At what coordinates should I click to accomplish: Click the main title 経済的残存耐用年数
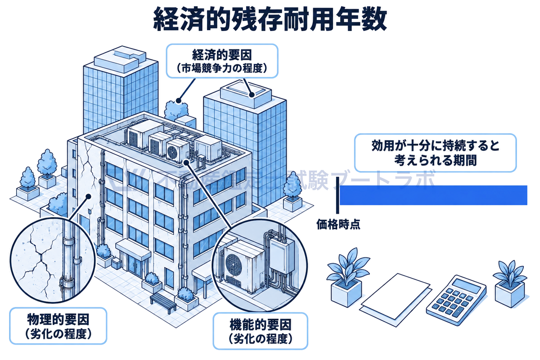(x=270, y=19)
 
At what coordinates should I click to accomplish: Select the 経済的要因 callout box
(x=222, y=61)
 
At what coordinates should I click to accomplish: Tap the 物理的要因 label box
(x=58, y=326)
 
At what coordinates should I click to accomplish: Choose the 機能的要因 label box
(x=261, y=331)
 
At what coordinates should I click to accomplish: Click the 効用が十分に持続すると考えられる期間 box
(x=436, y=153)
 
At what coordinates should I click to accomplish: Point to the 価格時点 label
(x=338, y=224)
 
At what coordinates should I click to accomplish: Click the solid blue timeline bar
(x=433, y=195)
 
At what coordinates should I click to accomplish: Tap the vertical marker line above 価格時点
(x=337, y=195)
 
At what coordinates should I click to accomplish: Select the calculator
(x=456, y=300)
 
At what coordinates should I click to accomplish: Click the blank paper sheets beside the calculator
(x=396, y=300)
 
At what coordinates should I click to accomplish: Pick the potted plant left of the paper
(x=347, y=277)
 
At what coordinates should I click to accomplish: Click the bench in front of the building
(x=163, y=302)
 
